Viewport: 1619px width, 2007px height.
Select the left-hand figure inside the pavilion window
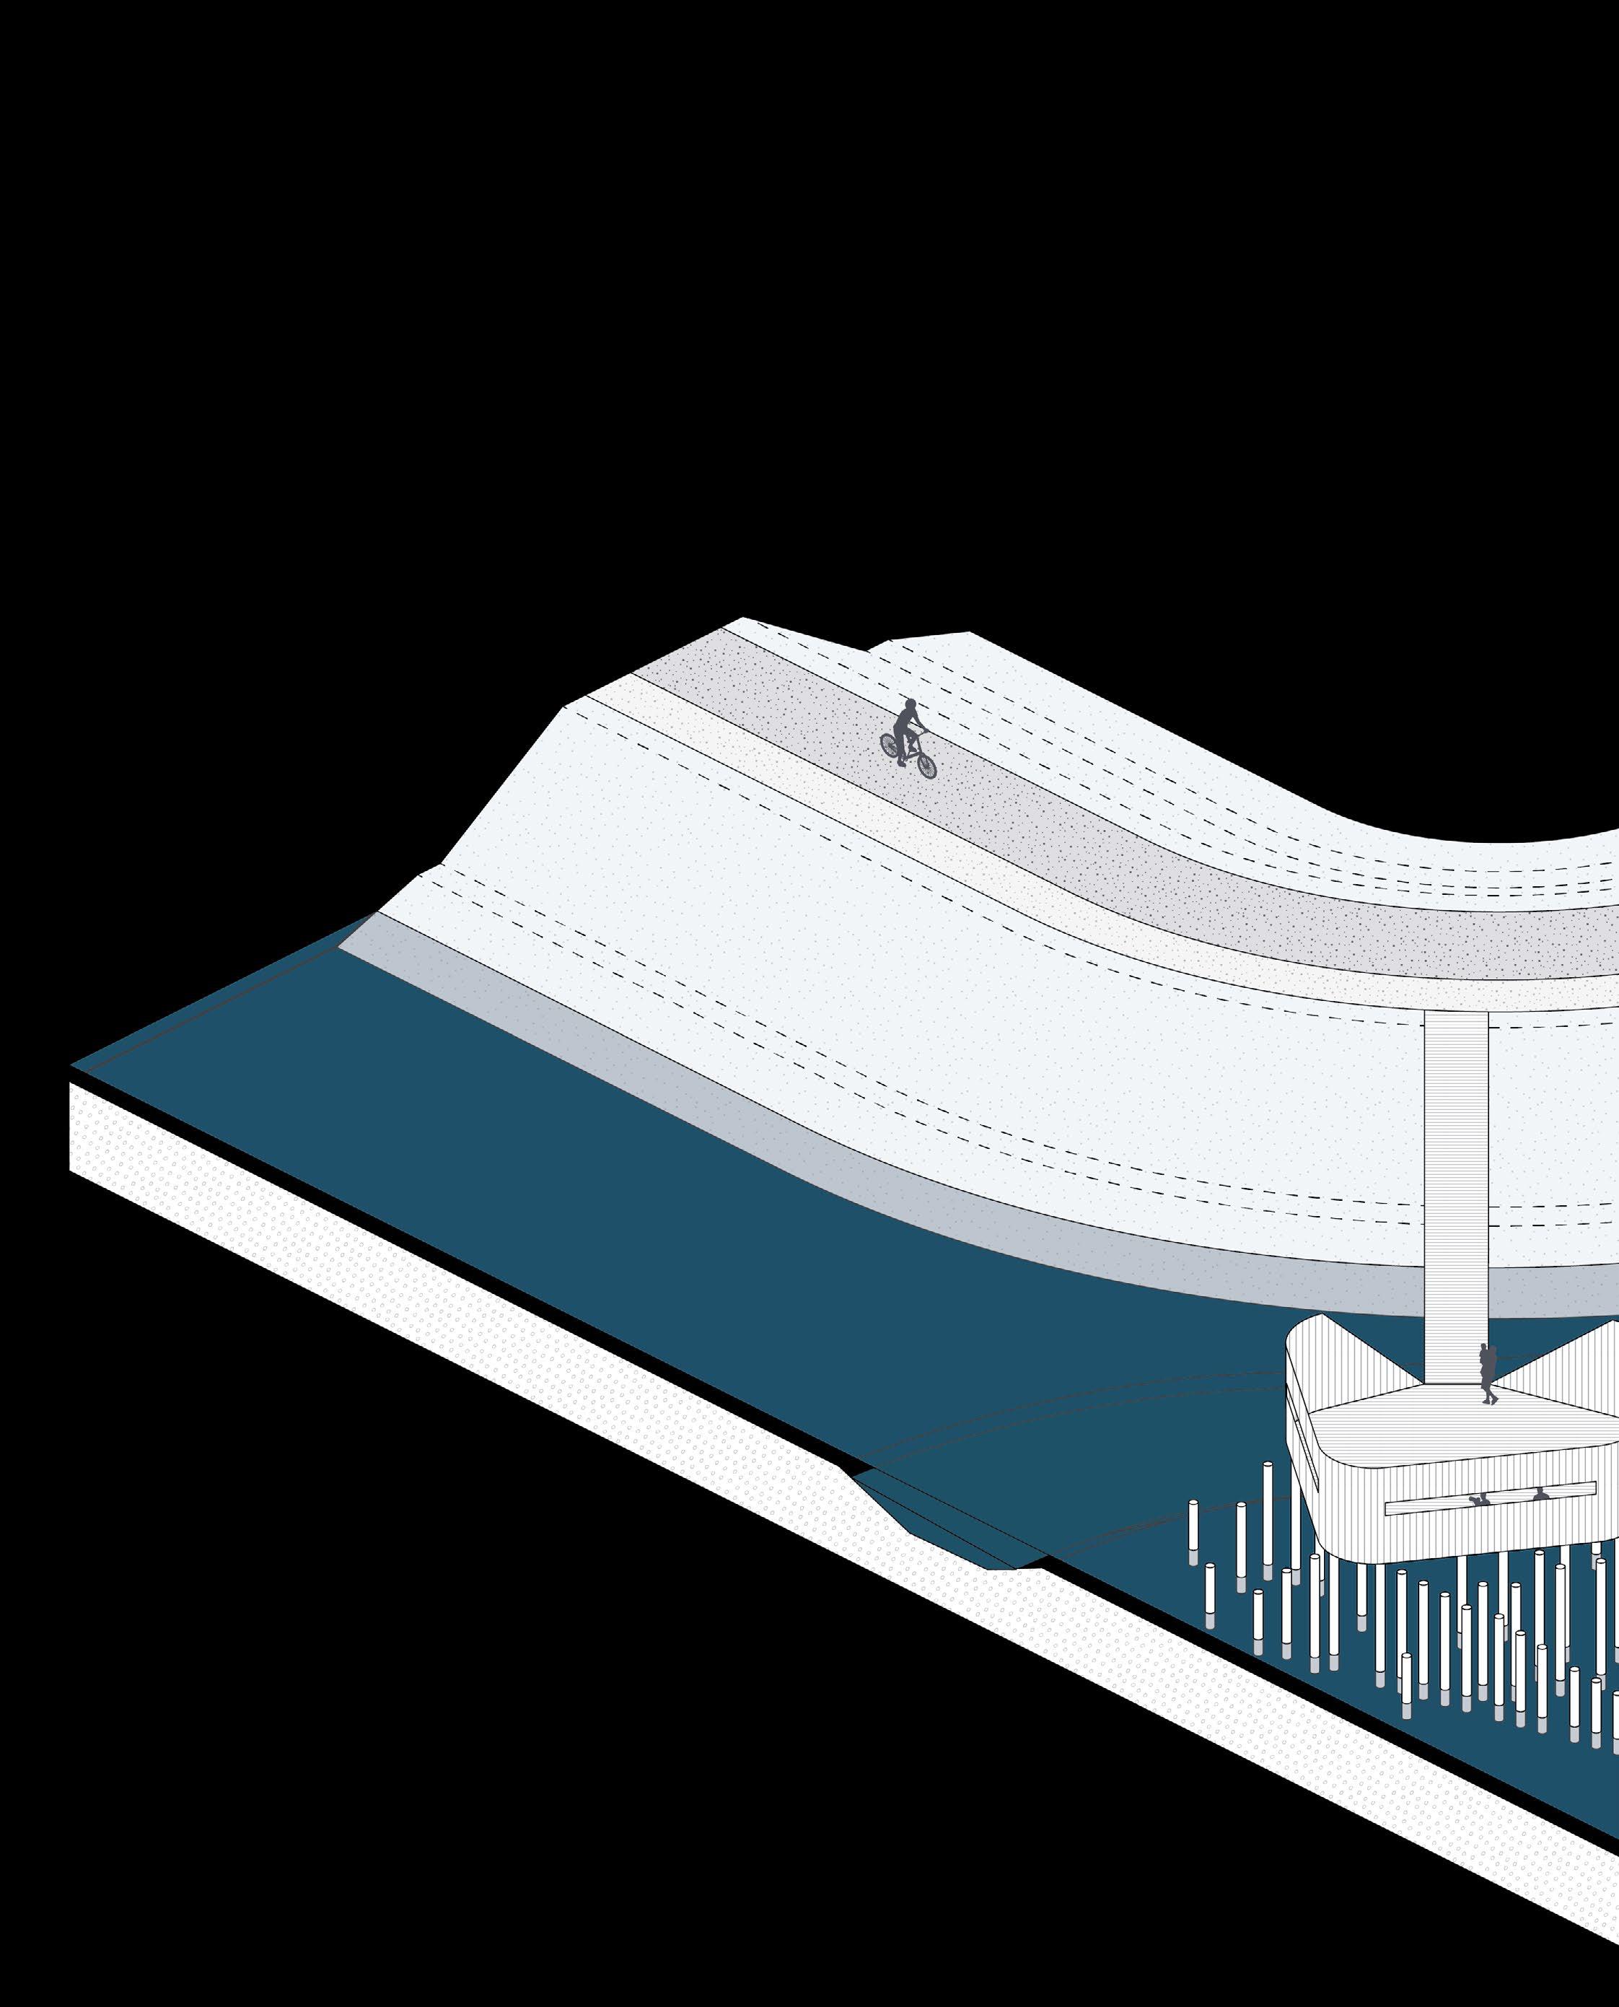1476,1526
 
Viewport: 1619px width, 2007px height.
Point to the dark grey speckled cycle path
1026,821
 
